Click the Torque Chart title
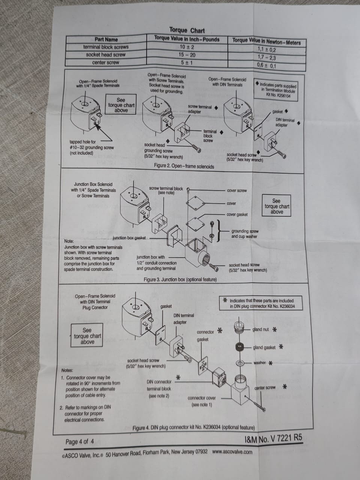click(x=187, y=30)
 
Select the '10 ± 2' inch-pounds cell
click(x=187, y=47)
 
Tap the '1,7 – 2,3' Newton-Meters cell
click(x=267, y=57)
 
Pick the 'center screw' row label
click(x=106, y=63)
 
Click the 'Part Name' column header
click(x=106, y=39)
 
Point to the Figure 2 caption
click(x=184, y=166)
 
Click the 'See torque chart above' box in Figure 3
click(x=276, y=206)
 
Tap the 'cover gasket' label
click(x=237, y=214)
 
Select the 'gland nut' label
click(x=260, y=329)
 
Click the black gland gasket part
click(x=240, y=347)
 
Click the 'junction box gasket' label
click(x=129, y=238)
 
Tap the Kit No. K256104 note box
click(x=276, y=90)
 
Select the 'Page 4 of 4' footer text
click(x=79, y=441)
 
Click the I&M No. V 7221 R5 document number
click(x=273, y=438)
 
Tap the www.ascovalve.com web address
click(x=232, y=451)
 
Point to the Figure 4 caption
click(x=193, y=427)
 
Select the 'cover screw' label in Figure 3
click(x=237, y=190)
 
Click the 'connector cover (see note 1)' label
click(x=201, y=401)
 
